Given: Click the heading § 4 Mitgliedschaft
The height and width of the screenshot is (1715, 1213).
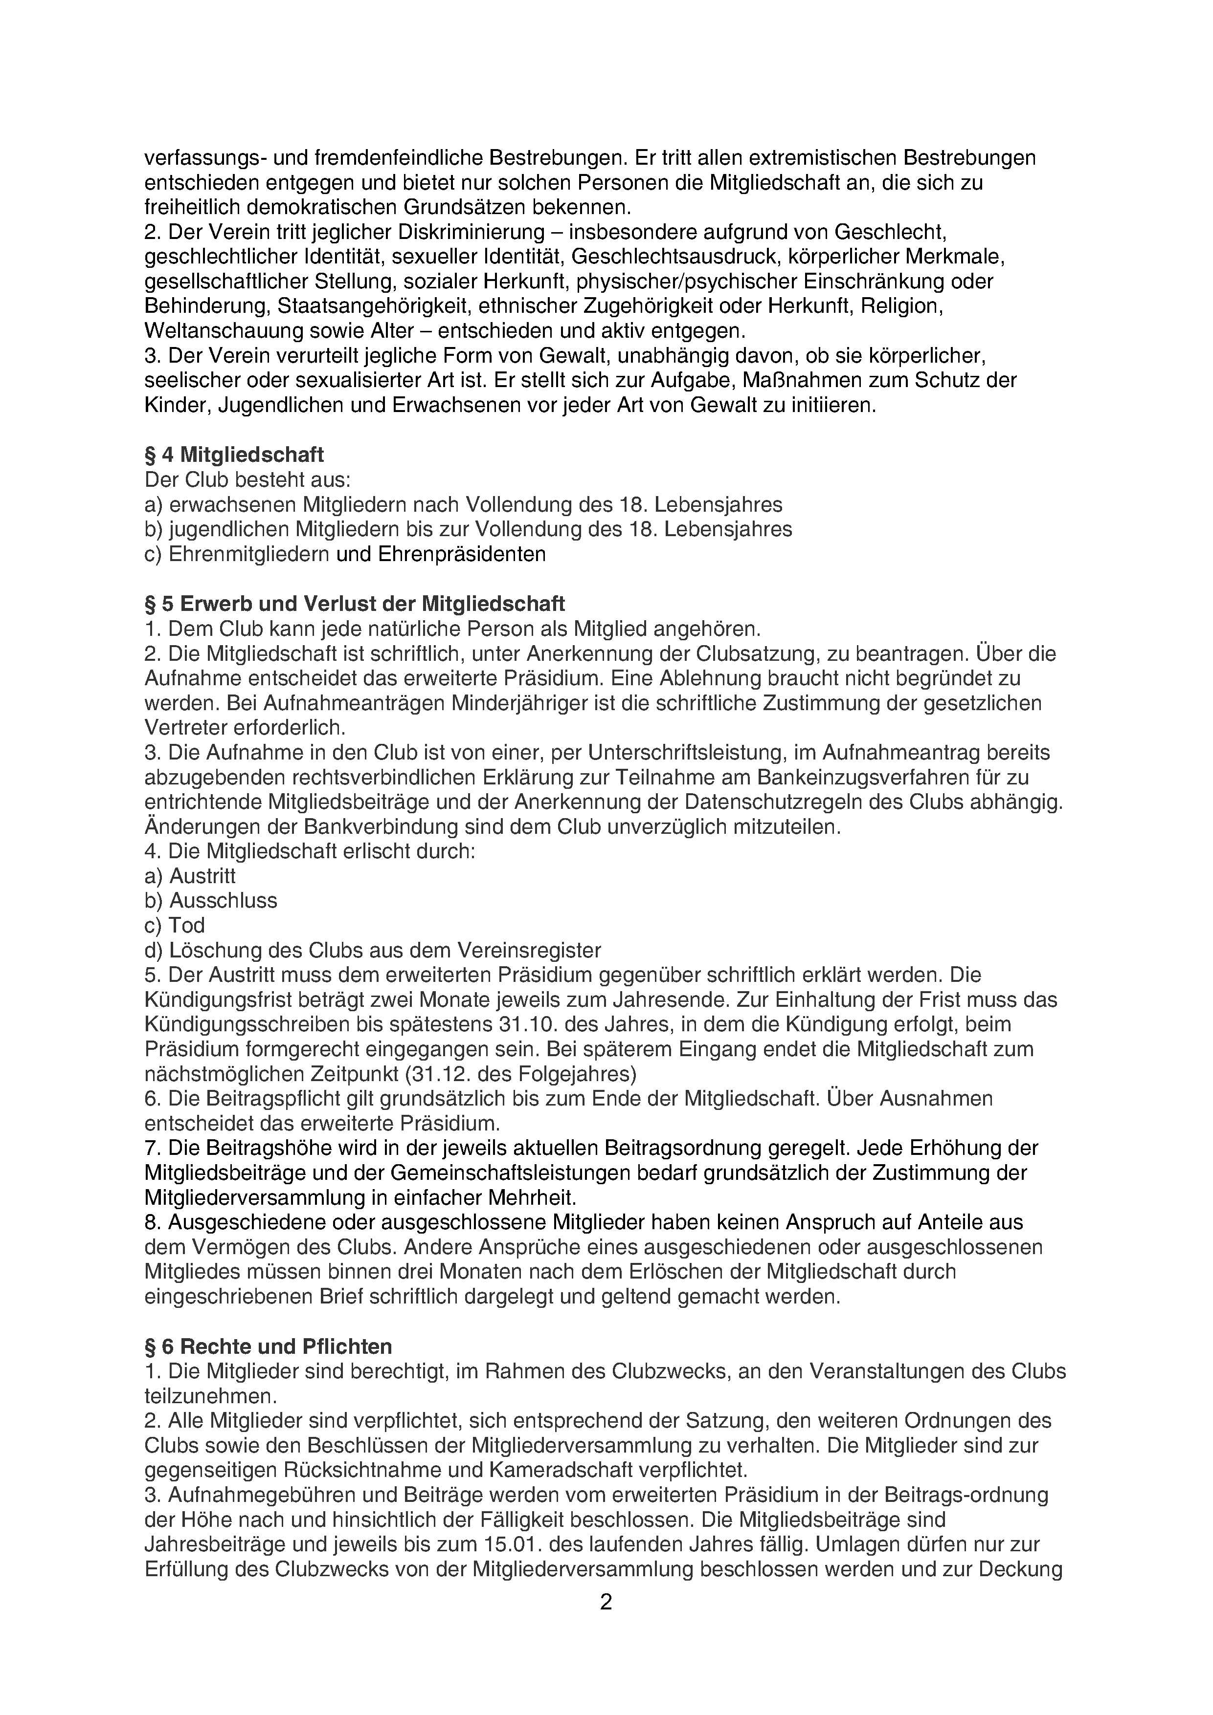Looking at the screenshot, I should [234, 455].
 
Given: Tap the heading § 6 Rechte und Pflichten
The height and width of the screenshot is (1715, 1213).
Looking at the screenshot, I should [269, 1347].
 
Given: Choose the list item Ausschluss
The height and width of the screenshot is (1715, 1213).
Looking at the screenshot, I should [223, 900].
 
